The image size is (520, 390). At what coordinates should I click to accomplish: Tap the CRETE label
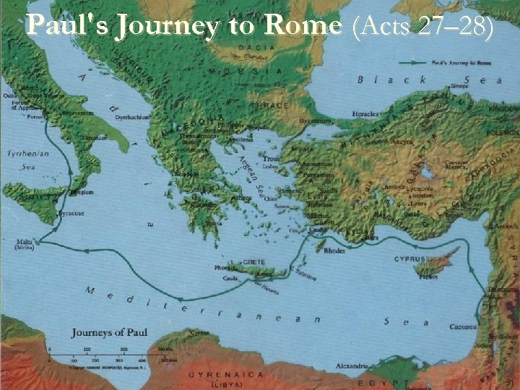[x=254, y=262]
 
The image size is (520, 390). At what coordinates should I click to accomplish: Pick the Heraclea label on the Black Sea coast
[x=367, y=113]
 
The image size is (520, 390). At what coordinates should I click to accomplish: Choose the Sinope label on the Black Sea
[x=460, y=85]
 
